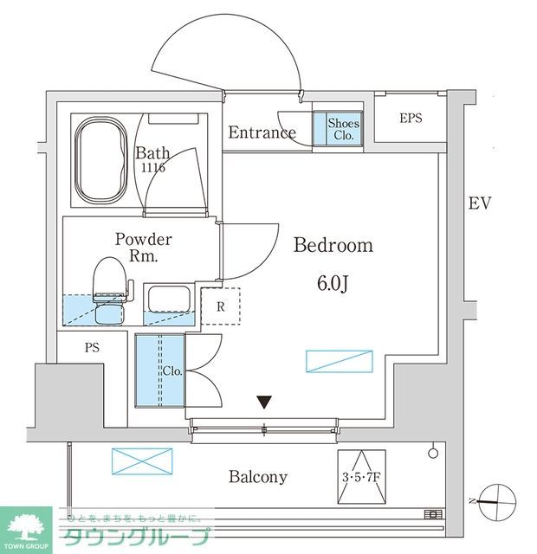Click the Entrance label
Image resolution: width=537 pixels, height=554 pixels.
[x=262, y=132]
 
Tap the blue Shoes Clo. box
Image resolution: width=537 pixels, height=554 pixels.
[x=344, y=128]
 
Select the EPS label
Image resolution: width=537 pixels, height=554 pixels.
[x=411, y=118]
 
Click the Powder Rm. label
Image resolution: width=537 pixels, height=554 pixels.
[x=144, y=248]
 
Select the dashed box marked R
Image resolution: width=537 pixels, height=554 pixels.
[x=221, y=306]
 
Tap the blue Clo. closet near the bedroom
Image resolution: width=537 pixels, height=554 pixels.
[x=160, y=370]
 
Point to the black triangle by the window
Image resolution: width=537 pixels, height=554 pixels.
[x=265, y=402]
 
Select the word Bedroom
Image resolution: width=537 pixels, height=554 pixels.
[x=333, y=246]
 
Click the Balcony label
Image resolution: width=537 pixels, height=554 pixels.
[x=258, y=477]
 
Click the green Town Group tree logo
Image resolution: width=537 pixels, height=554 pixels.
[x=28, y=526]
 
